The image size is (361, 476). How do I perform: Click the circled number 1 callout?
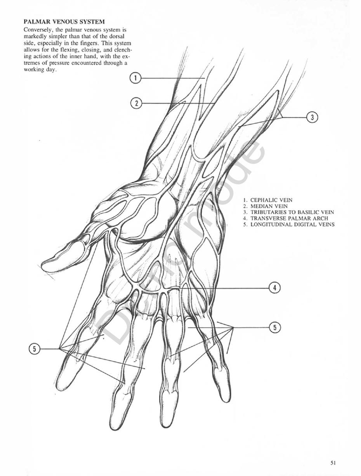coord(135,78)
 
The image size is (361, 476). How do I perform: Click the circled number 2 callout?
coord(136,103)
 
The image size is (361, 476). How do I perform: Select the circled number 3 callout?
coord(312,117)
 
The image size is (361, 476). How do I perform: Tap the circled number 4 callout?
coord(275,288)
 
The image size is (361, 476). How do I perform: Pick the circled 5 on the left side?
coord(34,349)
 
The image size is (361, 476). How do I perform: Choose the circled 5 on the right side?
coord(275,328)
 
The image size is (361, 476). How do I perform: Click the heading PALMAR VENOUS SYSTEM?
coord(64,22)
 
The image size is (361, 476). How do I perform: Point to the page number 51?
coord(333,462)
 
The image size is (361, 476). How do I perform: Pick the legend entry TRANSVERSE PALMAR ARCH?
coord(283,218)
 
